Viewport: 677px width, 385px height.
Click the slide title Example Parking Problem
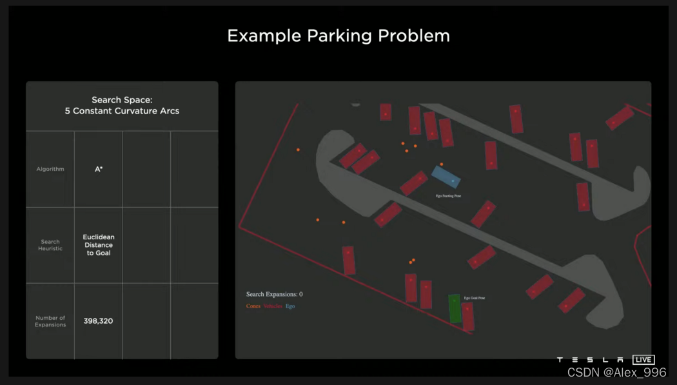pos(338,36)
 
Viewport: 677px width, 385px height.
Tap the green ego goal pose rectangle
pos(455,308)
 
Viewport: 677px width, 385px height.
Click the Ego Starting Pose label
pos(448,195)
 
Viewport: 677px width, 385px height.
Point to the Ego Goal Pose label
pos(474,298)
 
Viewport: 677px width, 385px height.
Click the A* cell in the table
pos(99,169)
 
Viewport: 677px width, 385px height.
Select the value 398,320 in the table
pos(98,321)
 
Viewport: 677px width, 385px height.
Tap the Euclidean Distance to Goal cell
pos(99,245)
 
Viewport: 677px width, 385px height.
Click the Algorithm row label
pos(50,169)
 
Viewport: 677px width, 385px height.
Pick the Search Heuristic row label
pos(50,245)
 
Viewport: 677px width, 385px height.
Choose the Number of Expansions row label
pos(50,321)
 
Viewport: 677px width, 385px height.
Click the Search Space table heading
pos(122,106)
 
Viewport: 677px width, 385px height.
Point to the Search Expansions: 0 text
pos(274,294)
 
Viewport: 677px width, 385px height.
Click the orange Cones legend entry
pos(253,306)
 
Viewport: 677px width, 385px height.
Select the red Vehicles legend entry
pos(273,306)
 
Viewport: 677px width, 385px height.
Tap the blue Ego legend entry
pos(290,306)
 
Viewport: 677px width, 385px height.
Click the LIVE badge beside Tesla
pos(643,359)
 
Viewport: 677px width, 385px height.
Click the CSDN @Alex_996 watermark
pos(616,372)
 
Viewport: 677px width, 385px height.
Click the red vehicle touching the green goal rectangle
pos(468,316)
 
